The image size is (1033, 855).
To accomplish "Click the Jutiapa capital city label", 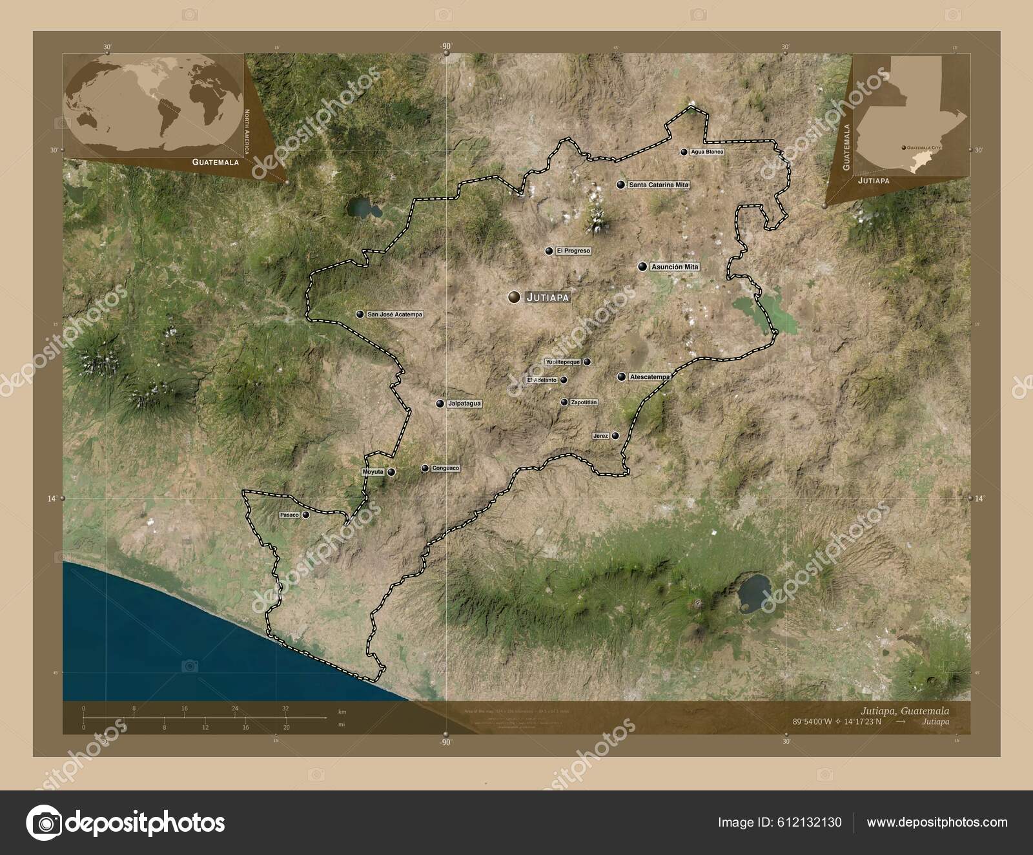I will pos(548,298).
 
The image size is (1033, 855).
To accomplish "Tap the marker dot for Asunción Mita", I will pos(642,267).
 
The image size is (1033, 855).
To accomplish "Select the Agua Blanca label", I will pos(707,152).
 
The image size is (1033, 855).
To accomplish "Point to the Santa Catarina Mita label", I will pos(659,185).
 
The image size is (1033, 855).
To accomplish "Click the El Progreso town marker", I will pos(549,251).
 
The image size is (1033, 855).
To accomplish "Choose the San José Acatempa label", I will pos(394,314).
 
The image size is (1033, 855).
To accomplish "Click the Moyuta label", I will pos(373,472).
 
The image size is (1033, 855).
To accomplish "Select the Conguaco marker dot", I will pos(425,468).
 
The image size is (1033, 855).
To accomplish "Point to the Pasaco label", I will pos(289,515).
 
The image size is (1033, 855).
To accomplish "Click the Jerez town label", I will pos(600,437).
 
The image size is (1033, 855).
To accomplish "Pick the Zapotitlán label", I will pos(584,402).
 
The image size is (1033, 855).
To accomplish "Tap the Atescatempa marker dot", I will pos(621,376).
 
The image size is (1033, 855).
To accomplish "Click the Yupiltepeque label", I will pos(563,362).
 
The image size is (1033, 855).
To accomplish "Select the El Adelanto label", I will pos(542,380).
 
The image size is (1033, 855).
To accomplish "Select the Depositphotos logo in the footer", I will pos(125,823).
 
